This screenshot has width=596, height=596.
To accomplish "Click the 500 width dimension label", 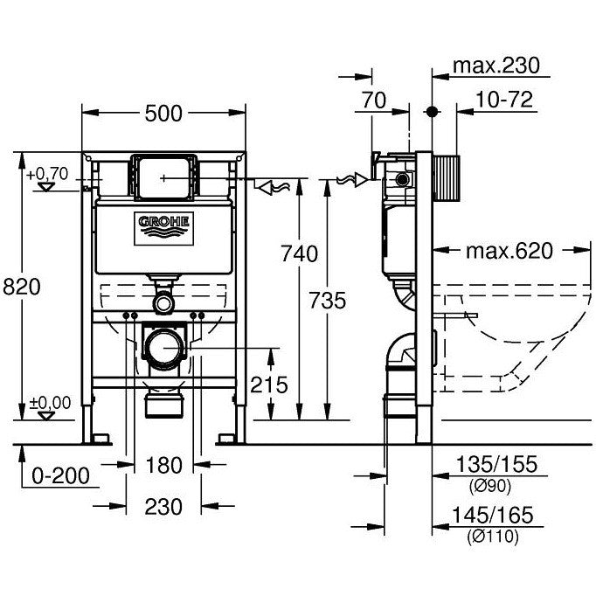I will pyautogui.click(x=163, y=113).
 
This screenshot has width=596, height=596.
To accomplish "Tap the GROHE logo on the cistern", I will pyautogui.click(x=163, y=225).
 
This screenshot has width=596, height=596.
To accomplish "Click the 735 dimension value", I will pyautogui.click(x=329, y=300).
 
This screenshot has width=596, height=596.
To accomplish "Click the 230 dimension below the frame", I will pyautogui.click(x=163, y=506).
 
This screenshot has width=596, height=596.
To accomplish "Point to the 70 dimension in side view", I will pyautogui.click(x=373, y=101).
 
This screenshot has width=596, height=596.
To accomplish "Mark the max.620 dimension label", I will pyautogui.click(x=509, y=252).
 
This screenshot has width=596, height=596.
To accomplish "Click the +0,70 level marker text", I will pyautogui.click(x=46, y=175).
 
